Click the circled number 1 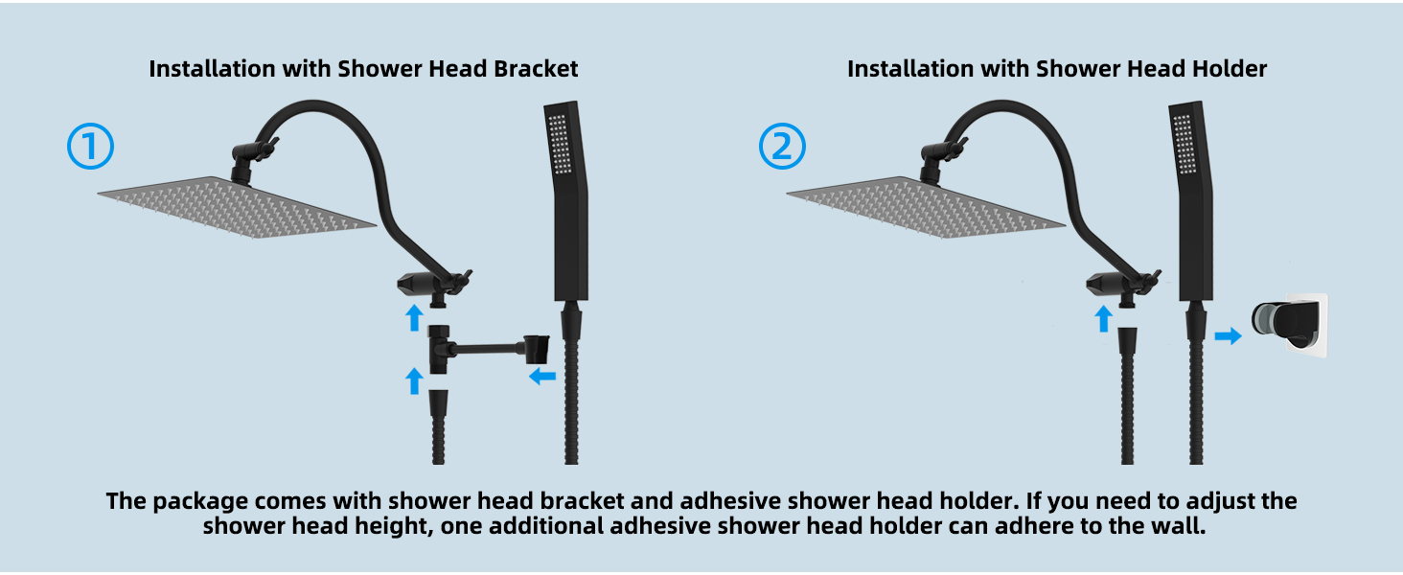(91, 147)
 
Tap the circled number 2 (782, 147)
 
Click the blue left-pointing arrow (542, 377)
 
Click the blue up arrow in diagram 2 (1103, 318)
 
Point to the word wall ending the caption (1181, 527)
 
